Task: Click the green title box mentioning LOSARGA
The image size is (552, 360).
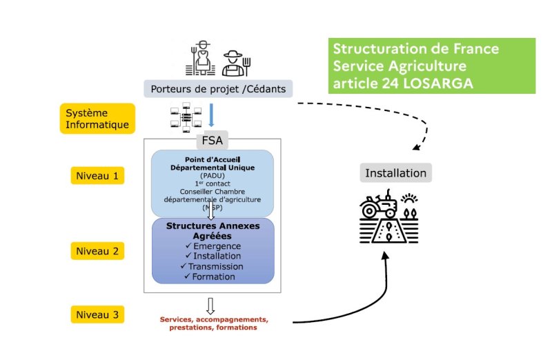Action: [x=432, y=66]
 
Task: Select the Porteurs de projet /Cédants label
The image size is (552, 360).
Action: [x=218, y=88]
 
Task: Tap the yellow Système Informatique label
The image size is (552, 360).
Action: [x=97, y=119]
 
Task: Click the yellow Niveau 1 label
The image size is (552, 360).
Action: [x=97, y=176]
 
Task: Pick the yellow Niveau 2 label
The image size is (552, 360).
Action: [x=97, y=251]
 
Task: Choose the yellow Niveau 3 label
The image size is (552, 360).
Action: [x=97, y=315]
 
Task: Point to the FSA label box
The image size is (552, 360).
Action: [x=213, y=141]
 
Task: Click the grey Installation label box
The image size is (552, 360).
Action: [x=395, y=172]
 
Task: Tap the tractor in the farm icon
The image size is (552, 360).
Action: [x=379, y=205]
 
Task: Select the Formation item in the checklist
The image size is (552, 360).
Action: [x=214, y=277]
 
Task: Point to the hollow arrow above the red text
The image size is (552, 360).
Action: [x=210, y=304]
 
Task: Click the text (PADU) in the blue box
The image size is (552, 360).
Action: [x=213, y=176]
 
